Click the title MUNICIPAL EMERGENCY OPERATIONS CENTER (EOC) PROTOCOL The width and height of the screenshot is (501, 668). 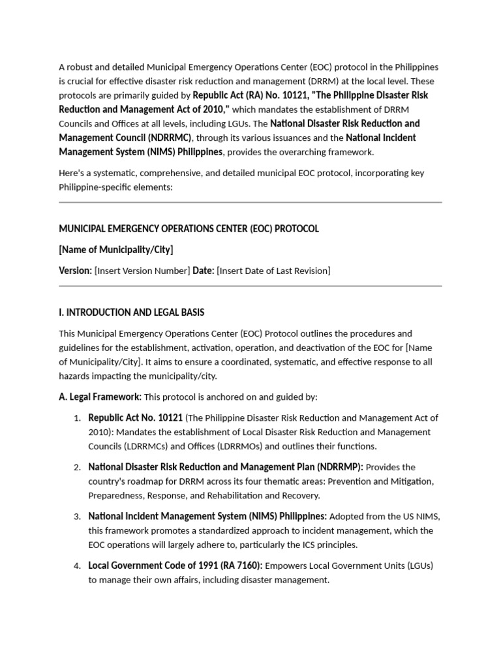tap(189, 229)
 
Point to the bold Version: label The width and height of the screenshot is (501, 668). tap(75, 271)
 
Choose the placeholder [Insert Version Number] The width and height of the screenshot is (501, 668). tap(142, 271)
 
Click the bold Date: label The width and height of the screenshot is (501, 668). tap(204, 271)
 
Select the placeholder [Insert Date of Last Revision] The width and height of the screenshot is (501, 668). tap(273, 271)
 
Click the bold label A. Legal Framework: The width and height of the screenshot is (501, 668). tap(100, 397)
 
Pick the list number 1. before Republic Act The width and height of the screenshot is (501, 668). tap(77, 418)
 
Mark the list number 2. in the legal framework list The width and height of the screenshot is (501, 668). tap(77, 468)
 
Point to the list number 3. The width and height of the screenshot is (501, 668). tap(77, 517)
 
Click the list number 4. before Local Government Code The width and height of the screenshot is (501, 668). tap(77, 566)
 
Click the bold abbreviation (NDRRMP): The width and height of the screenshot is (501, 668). tap(340, 467)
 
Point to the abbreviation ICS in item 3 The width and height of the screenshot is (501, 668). tap(281, 545)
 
